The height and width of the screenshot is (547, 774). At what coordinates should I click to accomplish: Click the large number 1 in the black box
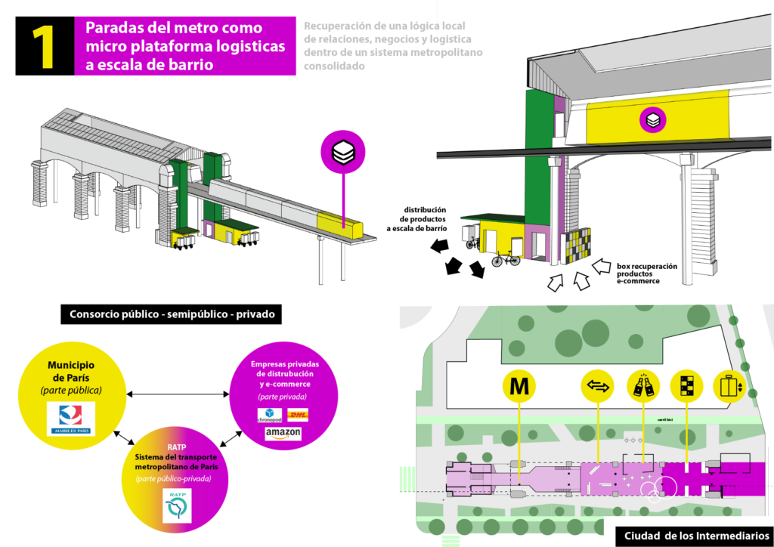[45, 46]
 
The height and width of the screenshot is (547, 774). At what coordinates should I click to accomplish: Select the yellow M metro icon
[519, 386]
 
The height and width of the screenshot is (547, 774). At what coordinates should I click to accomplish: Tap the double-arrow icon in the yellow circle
[597, 386]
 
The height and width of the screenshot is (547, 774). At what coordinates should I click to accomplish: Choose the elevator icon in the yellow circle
[730, 386]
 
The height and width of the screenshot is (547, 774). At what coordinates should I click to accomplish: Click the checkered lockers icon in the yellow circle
[686, 386]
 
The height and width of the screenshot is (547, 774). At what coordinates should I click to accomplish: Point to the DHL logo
[299, 414]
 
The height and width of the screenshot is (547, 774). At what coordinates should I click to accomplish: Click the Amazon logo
[283, 434]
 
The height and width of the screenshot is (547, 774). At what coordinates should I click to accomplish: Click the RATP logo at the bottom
[178, 505]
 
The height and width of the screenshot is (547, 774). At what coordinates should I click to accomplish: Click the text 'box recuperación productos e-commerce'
[646, 273]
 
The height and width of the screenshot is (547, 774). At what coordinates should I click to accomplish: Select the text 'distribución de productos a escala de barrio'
[415, 218]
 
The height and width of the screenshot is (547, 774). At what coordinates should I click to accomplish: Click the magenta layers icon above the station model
[344, 151]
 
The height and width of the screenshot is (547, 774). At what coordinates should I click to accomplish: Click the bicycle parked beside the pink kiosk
[505, 259]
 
